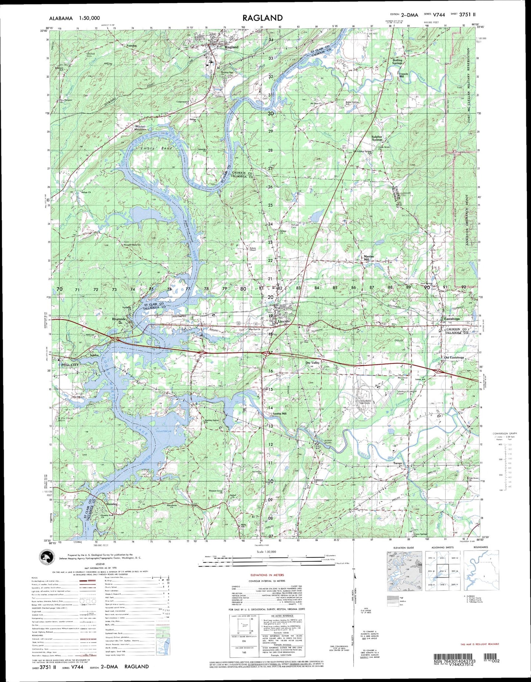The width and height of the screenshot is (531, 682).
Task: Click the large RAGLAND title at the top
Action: click(x=262, y=18)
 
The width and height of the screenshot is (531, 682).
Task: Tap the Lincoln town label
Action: click(x=284, y=321)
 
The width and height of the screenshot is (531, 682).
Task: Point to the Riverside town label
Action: click(x=120, y=319)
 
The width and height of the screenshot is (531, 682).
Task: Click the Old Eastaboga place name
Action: click(x=454, y=357)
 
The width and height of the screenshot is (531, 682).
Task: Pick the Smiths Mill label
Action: click(x=279, y=413)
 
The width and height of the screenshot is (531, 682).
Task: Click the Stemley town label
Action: click(x=111, y=504)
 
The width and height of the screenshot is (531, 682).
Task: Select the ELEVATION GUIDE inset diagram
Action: click(x=403, y=571)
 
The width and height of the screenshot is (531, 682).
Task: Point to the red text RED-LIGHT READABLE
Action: click(x=480, y=644)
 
